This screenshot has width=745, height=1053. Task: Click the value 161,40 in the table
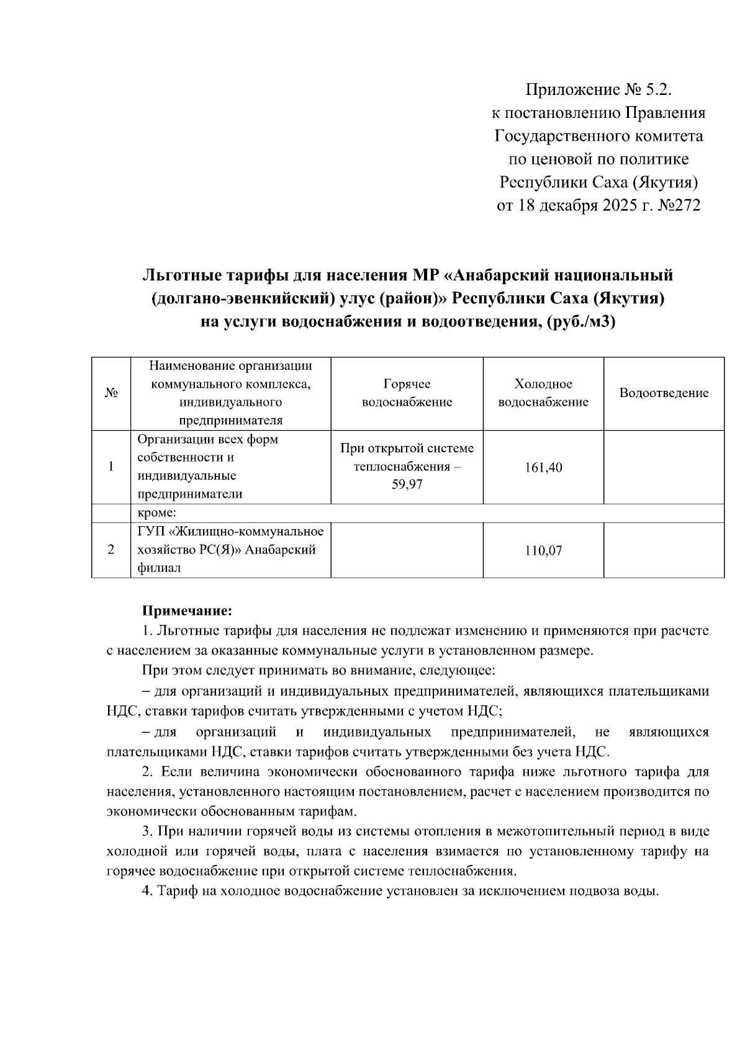click(x=543, y=467)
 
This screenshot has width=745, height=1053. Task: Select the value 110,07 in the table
click(x=543, y=550)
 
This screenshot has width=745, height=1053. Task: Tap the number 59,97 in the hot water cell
click(x=407, y=485)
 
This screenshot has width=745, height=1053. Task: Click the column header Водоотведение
click(x=664, y=393)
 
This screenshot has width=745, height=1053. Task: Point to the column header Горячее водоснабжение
click(x=407, y=393)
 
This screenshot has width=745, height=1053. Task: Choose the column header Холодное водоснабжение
click(x=543, y=393)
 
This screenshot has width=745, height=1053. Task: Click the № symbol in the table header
click(x=111, y=393)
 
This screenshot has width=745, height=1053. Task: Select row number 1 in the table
click(x=111, y=467)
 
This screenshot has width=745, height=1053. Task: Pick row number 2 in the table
click(x=111, y=550)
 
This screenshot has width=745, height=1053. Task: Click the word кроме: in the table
click(x=157, y=513)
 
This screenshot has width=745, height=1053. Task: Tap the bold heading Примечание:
click(x=187, y=611)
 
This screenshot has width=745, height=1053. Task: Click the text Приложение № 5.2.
click(x=599, y=91)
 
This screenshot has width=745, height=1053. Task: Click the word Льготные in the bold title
click(x=181, y=274)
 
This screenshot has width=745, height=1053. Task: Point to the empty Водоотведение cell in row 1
click(x=664, y=467)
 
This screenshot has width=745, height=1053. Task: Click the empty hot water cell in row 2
click(x=407, y=550)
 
